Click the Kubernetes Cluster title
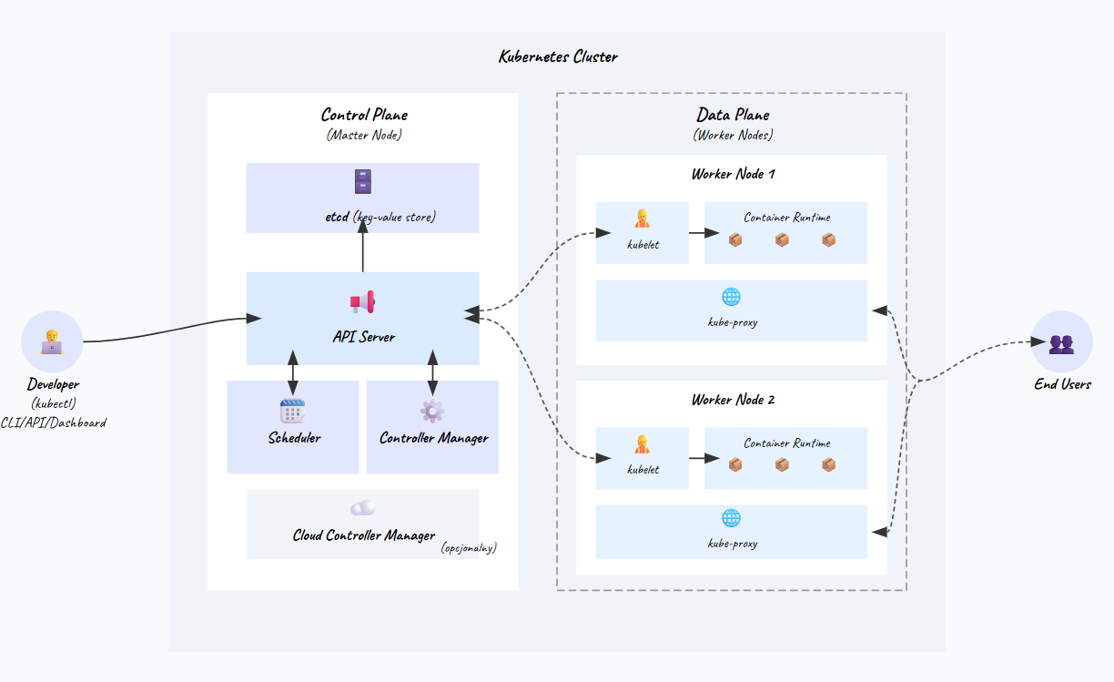pos(558,56)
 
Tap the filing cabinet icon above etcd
pos(363,181)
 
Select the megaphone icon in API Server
pos(363,302)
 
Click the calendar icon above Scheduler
pos(292,411)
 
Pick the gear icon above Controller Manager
pos(432,411)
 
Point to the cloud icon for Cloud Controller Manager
pos(363,508)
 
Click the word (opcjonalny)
pos(469,548)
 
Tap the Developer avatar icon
pos(52,342)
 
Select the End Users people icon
pos(1061,343)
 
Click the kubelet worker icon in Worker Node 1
pos(642,219)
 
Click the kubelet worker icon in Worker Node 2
pos(642,444)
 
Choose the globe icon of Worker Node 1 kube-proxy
pos(732,297)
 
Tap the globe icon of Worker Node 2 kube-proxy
pos(732,518)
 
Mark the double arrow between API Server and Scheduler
pos(292,373)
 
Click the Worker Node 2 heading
pos(733,400)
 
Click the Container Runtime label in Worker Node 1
pos(786,218)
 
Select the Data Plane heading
pos(733,115)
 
